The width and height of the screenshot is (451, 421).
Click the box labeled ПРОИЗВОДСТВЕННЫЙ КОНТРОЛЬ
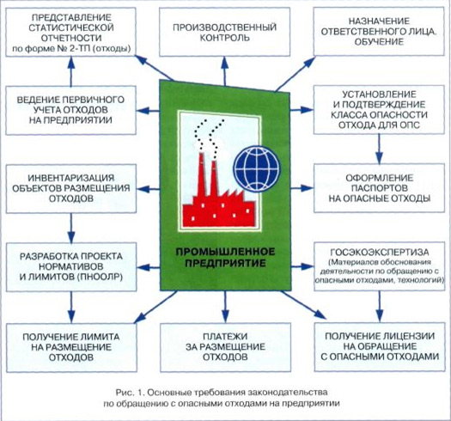[224, 32]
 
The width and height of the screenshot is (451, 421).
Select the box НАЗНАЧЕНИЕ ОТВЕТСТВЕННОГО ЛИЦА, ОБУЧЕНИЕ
[379, 32]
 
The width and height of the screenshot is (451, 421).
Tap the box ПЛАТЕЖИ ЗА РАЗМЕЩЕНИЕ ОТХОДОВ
[225, 347]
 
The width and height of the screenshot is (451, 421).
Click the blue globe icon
[256, 168]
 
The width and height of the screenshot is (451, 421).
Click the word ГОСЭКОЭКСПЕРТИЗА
[380, 252]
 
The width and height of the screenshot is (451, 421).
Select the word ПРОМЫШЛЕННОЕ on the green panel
[225, 252]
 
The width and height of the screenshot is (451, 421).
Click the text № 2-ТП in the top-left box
[78, 48]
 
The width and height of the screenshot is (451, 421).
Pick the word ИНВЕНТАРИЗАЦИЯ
[71, 178]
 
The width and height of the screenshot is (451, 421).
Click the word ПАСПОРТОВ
[380, 188]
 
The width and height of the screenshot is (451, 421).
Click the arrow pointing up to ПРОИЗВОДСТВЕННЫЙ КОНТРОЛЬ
[224, 70]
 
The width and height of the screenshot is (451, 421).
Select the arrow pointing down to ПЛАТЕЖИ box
[225, 307]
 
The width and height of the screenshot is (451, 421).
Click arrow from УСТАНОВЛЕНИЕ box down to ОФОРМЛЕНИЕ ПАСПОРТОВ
[379, 149]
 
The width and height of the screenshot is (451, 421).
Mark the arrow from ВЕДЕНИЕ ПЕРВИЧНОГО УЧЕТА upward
[71, 71]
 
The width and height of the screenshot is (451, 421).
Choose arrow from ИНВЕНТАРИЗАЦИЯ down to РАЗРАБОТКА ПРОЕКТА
[71, 228]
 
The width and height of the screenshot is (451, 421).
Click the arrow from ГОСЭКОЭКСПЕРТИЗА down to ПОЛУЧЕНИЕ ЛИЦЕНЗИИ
[380, 307]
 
